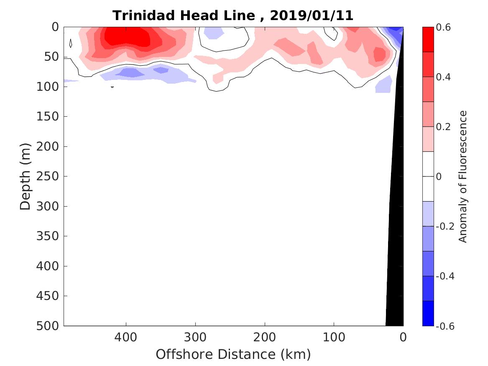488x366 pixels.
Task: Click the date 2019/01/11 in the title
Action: [312, 15]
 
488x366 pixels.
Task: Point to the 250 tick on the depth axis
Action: [49, 176]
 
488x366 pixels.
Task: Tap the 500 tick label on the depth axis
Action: [49, 326]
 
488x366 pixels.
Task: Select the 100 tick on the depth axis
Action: [49, 87]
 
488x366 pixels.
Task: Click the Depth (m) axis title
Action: [26, 176]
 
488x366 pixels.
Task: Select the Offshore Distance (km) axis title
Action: [233, 354]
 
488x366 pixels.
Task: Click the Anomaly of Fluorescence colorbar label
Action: [462, 176]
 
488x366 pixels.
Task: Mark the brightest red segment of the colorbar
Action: [428, 39]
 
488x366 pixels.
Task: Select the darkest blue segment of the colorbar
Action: [428, 313]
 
